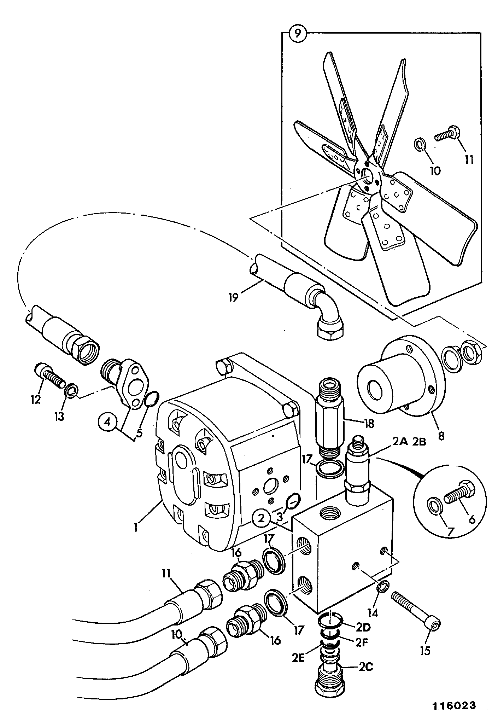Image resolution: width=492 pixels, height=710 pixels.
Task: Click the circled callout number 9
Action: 298,34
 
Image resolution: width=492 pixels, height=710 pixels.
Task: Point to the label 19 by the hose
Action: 233,296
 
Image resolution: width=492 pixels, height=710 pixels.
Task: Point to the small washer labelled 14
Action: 383,587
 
